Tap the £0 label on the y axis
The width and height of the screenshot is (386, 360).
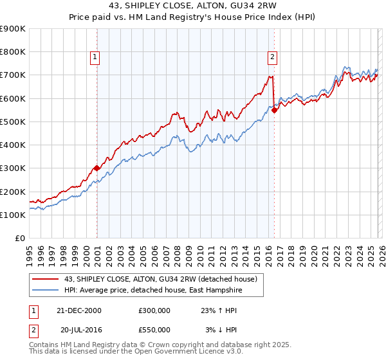point(20,239)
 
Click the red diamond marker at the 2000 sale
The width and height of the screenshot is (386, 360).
point(97,168)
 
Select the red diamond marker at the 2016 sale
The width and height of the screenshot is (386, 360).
point(275,110)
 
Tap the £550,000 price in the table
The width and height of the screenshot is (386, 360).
point(154,329)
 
